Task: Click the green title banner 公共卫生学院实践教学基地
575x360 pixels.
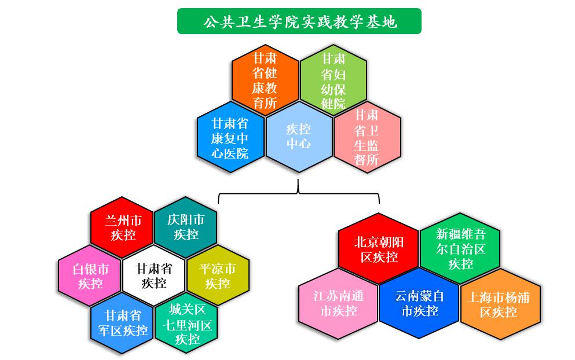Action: tap(299, 21)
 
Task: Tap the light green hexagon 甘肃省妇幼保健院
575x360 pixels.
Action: tap(334, 79)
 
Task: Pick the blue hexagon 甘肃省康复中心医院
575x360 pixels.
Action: tap(230, 138)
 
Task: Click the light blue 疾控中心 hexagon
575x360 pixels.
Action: tap(299, 137)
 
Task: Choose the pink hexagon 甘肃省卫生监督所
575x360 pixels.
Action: tap(367, 138)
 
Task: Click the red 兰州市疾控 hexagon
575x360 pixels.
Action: tap(122, 227)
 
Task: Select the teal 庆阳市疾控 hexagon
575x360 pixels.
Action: tap(186, 227)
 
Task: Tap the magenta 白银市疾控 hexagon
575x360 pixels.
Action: tap(90, 275)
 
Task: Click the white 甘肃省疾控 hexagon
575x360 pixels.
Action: tap(153, 275)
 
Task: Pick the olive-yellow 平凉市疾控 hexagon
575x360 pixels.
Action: tap(218, 275)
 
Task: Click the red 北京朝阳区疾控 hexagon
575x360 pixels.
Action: tap(379, 248)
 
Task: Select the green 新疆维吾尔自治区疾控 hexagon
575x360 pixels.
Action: tap(460, 248)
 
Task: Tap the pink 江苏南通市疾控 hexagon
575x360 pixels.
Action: tap(338, 303)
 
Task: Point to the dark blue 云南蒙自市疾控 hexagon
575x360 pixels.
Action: tap(419, 303)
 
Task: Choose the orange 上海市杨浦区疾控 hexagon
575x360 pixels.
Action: tap(500, 303)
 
